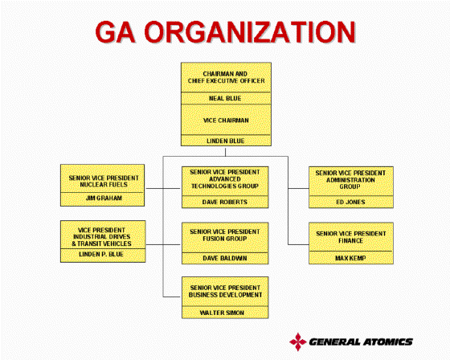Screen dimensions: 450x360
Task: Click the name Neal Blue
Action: click(225, 99)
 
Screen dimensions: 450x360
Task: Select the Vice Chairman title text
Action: click(226, 121)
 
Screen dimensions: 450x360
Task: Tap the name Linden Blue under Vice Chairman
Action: click(226, 141)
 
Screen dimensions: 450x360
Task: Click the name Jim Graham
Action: click(104, 198)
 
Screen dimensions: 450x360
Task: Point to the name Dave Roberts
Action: click(225, 202)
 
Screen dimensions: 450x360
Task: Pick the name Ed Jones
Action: click(350, 202)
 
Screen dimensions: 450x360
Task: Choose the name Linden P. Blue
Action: click(101, 254)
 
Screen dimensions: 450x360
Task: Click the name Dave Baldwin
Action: click(225, 258)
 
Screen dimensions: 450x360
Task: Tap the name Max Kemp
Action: click(350, 258)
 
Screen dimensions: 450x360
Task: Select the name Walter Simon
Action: click(222, 313)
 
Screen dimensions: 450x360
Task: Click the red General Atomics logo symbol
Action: click(298, 342)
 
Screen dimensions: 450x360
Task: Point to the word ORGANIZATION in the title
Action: click(250, 32)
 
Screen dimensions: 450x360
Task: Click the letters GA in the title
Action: click(115, 32)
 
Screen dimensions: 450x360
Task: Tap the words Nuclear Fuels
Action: click(104, 185)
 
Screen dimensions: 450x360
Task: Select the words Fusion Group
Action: click(225, 239)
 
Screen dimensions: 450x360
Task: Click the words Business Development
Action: click(225, 295)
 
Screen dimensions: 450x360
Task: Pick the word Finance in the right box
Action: click(350, 240)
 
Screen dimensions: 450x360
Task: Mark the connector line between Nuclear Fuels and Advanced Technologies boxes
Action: click(163, 188)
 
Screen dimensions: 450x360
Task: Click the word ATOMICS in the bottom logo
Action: click(387, 342)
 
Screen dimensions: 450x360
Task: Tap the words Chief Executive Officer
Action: click(226, 81)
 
